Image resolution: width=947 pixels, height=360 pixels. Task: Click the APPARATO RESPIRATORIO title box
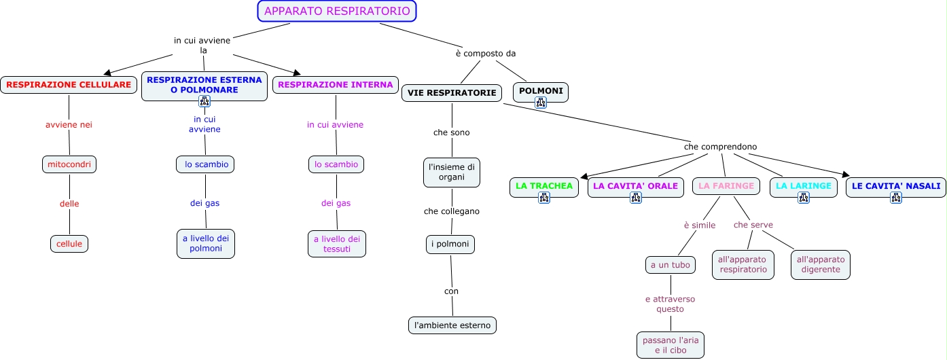(x=337, y=11)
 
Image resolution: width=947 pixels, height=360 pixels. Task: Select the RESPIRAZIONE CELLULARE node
(x=69, y=85)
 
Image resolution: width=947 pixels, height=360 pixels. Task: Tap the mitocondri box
(x=69, y=164)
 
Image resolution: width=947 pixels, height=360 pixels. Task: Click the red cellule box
(x=69, y=243)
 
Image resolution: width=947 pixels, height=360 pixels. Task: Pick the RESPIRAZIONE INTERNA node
(x=336, y=85)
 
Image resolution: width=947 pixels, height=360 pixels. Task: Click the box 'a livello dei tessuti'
(x=337, y=244)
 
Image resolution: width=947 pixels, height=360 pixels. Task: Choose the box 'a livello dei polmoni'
(x=206, y=243)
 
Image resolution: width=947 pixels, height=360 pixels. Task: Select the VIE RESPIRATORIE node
(x=452, y=93)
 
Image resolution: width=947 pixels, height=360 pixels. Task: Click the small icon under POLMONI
(x=541, y=103)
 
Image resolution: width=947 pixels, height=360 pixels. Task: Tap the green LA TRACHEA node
(x=544, y=185)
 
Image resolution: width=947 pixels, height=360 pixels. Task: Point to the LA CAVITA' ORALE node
(x=635, y=185)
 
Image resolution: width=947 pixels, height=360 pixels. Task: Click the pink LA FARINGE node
(x=726, y=185)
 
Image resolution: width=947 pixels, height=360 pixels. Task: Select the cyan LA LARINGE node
(x=803, y=185)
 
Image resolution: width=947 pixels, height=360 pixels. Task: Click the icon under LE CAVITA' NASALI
(x=896, y=198)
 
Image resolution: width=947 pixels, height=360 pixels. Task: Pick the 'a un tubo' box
(x=671, y=265)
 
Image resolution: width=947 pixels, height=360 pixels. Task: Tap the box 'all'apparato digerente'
(x=821, y=264)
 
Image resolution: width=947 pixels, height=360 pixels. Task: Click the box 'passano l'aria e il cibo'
(x=671, y=344)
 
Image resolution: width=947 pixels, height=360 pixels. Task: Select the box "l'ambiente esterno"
(x=452, y=325)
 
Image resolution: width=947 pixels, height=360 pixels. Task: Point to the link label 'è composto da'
(x=481, y=54)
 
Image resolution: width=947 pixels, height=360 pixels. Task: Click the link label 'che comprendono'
(x=720, y=147)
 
